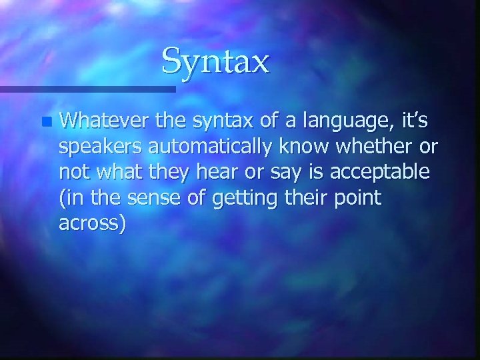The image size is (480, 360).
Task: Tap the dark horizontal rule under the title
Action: pos(87,88)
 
